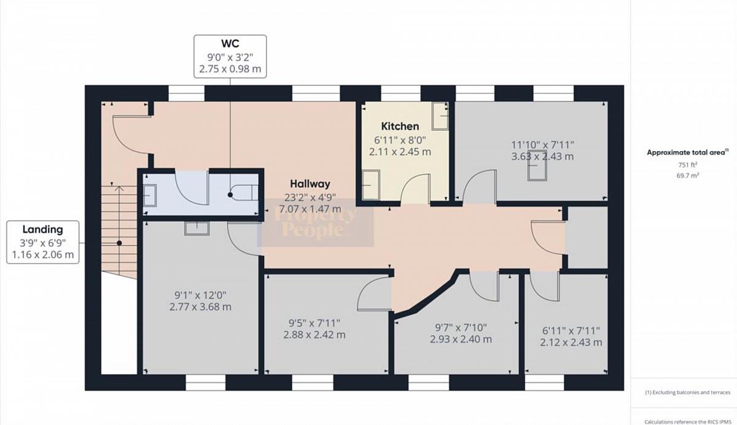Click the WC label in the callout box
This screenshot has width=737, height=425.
coord(230,44)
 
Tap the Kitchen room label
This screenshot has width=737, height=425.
coord(400,127)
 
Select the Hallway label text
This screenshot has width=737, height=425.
coord(310,184)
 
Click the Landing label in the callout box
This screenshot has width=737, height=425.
coord(43,229)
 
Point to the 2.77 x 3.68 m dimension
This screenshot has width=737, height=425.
coord(200,307)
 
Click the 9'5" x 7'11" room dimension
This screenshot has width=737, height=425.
coord(314,323)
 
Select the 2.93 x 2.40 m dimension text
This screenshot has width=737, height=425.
coord(461,339)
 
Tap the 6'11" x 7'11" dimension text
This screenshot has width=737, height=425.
coord(571,330)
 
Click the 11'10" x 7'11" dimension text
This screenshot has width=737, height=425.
coord(542,145)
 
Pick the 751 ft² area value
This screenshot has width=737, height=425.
coord(688,165)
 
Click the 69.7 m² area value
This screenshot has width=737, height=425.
coord(688,175)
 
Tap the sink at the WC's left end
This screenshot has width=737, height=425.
coord(150,195)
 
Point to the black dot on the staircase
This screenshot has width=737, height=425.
coord(119,243)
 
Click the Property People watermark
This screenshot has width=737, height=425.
coord(315,222)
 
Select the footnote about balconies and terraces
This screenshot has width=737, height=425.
coord(688,392)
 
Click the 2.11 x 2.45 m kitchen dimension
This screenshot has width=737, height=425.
coord(400,152)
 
